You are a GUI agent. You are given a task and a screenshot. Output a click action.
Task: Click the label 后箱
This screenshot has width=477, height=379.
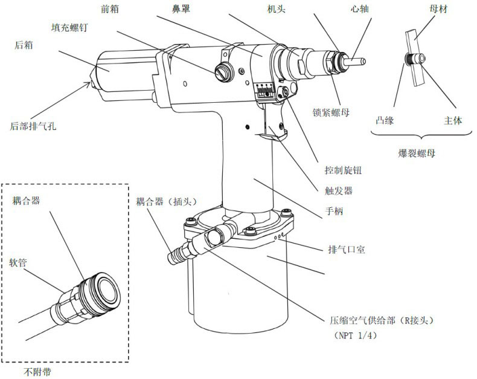pos(24,45)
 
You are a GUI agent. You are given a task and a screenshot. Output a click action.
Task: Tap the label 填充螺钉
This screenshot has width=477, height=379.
pos(69,27)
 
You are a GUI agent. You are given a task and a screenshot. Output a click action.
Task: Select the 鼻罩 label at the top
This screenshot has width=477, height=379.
pos(181,9)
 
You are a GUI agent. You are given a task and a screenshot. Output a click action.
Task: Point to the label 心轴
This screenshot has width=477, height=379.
pos(360,9)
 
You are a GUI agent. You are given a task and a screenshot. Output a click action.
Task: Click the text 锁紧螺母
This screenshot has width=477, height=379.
pos(331,112)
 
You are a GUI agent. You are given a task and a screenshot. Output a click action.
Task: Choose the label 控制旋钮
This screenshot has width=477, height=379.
pos(343,170)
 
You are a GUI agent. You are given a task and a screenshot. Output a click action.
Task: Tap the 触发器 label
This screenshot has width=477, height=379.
pos(339,191)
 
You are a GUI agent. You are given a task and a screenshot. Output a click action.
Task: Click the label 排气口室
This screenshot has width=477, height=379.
pos(347,250)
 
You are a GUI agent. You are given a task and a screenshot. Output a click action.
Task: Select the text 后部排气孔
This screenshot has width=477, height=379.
pos(33,126)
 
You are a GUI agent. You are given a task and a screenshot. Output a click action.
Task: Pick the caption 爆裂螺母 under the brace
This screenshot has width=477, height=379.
pos(417,153)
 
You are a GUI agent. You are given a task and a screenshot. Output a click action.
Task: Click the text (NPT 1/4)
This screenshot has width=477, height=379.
pos(355,335)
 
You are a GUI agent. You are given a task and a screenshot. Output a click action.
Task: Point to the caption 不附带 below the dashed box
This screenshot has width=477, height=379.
pos(37,372)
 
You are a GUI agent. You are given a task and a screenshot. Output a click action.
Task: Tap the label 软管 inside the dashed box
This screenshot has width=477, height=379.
pos(18,262)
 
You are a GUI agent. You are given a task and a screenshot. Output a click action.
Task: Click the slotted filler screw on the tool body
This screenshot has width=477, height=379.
pos(223,72)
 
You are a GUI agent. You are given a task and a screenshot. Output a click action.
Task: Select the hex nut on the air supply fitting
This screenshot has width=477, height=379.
pos(214,238)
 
